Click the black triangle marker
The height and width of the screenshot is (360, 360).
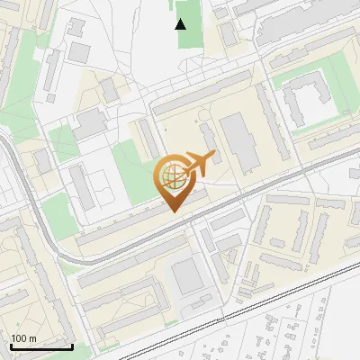click(x=181, y=24)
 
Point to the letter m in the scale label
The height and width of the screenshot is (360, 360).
click(x=32, y=338)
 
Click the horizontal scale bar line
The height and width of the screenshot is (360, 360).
click(x=40, y=346)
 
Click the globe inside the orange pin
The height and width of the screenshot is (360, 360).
click(x=172, y=177)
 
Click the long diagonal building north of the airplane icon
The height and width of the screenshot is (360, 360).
click(x=202, y=99)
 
